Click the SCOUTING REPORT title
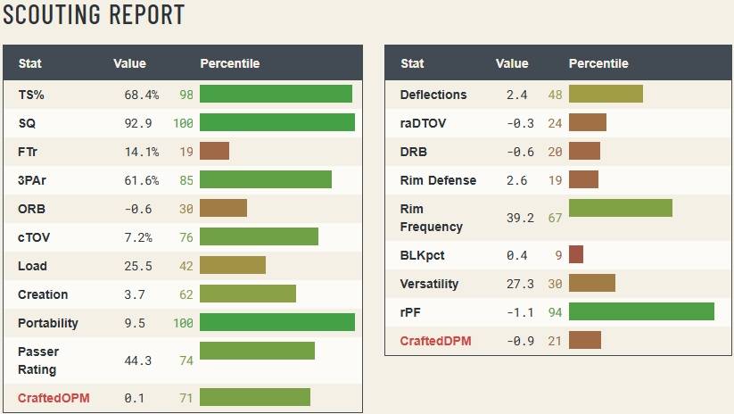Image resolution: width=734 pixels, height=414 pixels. tap(94, 14)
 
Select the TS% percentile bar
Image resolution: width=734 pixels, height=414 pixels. tap(276, 95)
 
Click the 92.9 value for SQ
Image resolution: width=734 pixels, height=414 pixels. tap(138, 123)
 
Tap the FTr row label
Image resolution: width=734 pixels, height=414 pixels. tap(27, 152)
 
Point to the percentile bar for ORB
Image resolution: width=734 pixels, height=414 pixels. tap(223, 209)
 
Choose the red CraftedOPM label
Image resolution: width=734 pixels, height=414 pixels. tap(54, 397)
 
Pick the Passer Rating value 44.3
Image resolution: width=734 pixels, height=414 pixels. tap(138, 360)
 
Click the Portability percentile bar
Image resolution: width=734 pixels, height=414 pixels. tap(277, 323)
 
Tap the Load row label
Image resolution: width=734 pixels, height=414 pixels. tap(32, 266)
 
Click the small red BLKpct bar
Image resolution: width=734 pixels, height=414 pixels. tap(576, 255)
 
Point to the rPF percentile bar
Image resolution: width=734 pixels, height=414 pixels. tap(641, 311)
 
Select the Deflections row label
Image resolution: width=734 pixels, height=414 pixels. tap(433, 95)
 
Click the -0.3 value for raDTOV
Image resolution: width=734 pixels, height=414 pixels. tap(520, 123)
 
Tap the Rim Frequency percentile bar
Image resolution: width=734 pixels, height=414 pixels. tap(620, 209)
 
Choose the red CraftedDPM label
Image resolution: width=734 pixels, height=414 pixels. tap(435, 341)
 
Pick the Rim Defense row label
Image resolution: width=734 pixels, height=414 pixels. tap(438, 180)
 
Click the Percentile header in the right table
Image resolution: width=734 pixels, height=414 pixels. tap(598, 63)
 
